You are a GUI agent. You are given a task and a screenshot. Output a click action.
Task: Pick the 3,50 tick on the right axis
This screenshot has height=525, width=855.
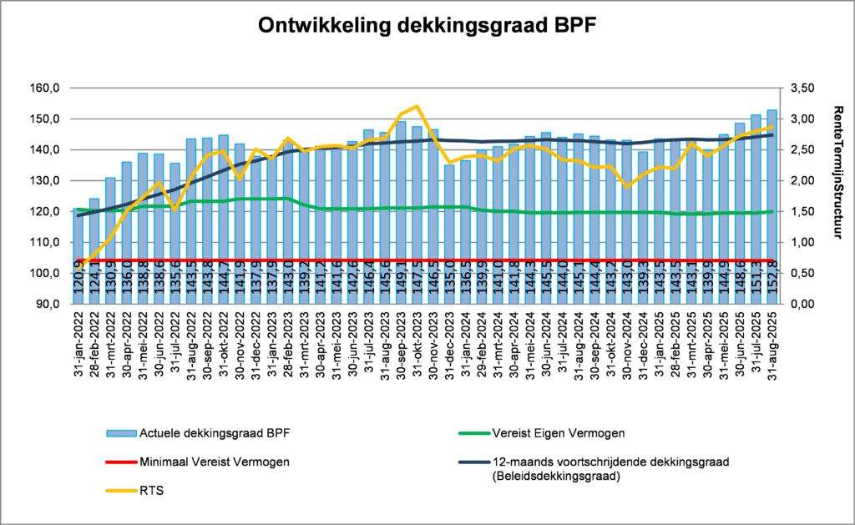798,88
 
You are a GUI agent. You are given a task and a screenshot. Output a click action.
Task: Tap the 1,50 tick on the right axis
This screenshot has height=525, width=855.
798,211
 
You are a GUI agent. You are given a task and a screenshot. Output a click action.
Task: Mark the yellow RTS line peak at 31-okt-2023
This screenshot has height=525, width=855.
417,106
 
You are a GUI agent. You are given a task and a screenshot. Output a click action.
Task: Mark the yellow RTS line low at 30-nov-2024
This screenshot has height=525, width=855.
627,187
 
